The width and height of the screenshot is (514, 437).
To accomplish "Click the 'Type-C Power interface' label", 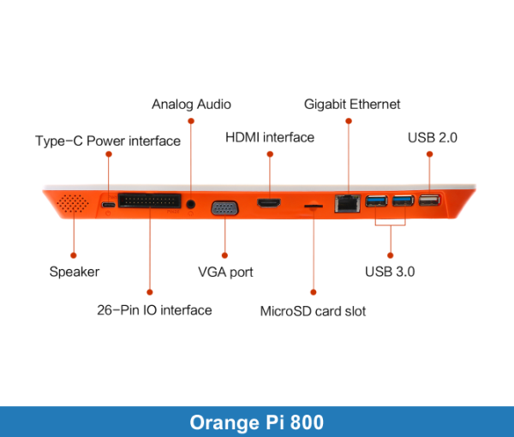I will [x=108, y=141].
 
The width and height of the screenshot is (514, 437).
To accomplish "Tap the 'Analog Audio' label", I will [x=191, y=105].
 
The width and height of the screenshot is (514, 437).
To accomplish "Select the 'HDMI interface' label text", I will [x=270, y=137].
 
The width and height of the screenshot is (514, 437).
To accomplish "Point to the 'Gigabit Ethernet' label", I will [x=352, y=105].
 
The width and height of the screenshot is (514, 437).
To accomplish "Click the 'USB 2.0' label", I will [x=433, y=137].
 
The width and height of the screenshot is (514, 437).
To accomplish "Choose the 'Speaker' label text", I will [x=75, y=272].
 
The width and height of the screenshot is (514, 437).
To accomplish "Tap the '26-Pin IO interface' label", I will [x=154, y=309].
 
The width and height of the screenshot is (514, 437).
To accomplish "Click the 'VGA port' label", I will [x=225, y=272].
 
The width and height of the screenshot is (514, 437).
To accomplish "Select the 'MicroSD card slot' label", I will [x=313, y=310].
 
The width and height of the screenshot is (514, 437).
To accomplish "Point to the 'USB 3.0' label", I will [x=390, y=272].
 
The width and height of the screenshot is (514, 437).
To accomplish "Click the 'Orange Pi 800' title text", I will [x=257, y=422].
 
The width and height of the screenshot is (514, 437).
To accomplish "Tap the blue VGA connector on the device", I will [x=225, y=208].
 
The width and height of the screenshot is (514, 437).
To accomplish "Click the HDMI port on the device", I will [x=270, y=203].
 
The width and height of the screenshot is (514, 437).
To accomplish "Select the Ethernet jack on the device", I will [x=347, y=203].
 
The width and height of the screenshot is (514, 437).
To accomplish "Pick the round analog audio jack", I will [x=191, y=204].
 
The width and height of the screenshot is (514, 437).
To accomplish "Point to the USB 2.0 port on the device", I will [x=428, y=201].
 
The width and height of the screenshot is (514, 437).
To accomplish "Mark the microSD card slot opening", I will [x=314, y=206].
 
